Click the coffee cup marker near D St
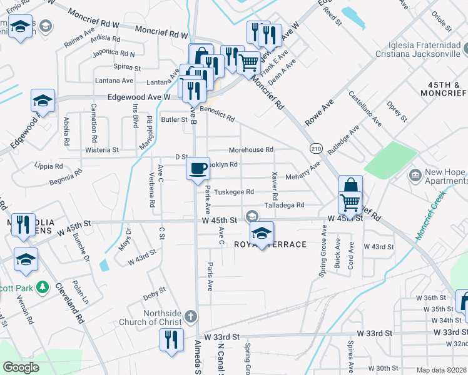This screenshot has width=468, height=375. (198, 169)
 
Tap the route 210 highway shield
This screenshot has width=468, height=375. (315, 148)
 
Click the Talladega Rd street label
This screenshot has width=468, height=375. (283, 205)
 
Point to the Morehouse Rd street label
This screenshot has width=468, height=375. (251, 150)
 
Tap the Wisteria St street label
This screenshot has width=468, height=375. (103, 150)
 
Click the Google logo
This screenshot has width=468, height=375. (21, 367)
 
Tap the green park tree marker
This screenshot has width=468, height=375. (42, 287)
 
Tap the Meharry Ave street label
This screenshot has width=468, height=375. (303, 171)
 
